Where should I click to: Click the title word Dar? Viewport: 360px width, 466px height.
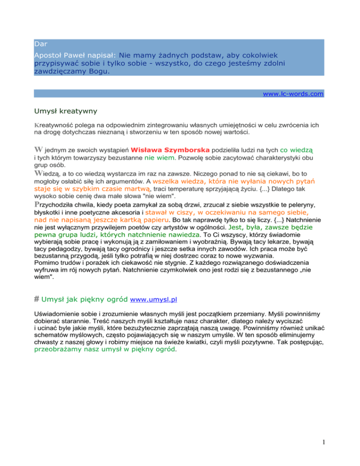pyautogui.click(x=40, y=45)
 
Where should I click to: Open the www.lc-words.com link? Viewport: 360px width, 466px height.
pyautogui.click(x=293, y=93)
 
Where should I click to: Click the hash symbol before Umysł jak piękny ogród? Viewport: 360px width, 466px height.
pyautogui.click(x=37, y=298)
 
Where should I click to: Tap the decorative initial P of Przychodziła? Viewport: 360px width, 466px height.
pyautogui.click(x=37, y=204)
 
